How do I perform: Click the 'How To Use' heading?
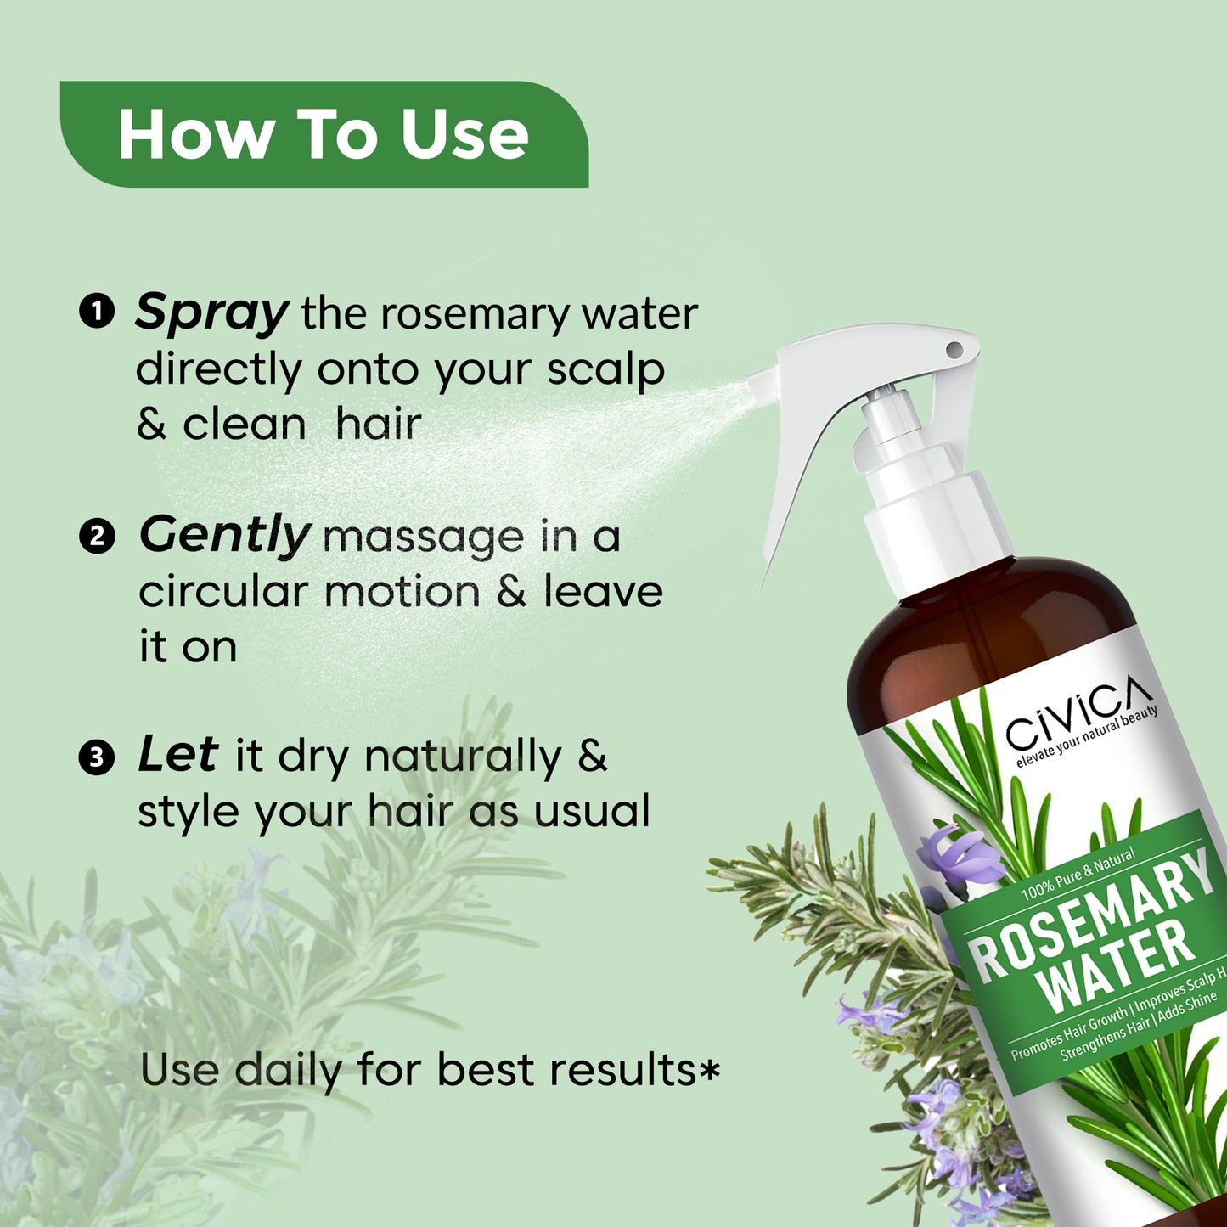[323, 134]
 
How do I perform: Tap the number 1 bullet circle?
[96, 312]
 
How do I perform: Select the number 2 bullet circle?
[96, 536]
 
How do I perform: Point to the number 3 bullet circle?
[96, 758]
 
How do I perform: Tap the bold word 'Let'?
[178, 754]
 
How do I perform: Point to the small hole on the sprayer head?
[954, 350]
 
